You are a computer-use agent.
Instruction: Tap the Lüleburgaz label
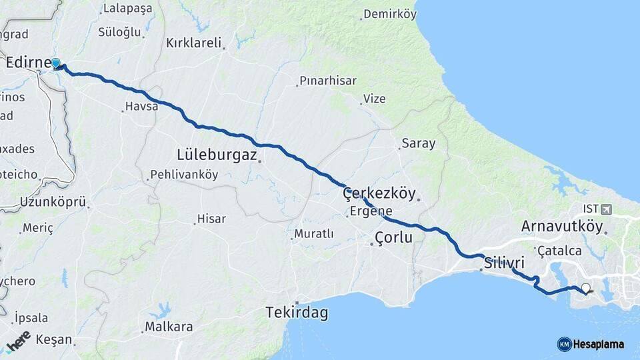pos(217,155)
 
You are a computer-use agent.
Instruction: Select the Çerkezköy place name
pos(378,193)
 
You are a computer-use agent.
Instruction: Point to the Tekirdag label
pos(297,312)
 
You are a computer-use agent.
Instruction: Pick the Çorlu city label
pos(393,237)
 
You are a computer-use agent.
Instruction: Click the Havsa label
pos(142,106)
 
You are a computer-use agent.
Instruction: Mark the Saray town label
pos(418,143)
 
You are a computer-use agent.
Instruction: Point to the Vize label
pos(374,99)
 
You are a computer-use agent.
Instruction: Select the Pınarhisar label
pos(328,81)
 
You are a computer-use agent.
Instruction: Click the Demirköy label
pos(389,13)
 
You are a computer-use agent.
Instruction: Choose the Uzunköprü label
pos(53,201)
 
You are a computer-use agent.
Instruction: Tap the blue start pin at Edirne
pos(56,64)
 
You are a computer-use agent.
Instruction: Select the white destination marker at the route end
pos(585,288)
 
